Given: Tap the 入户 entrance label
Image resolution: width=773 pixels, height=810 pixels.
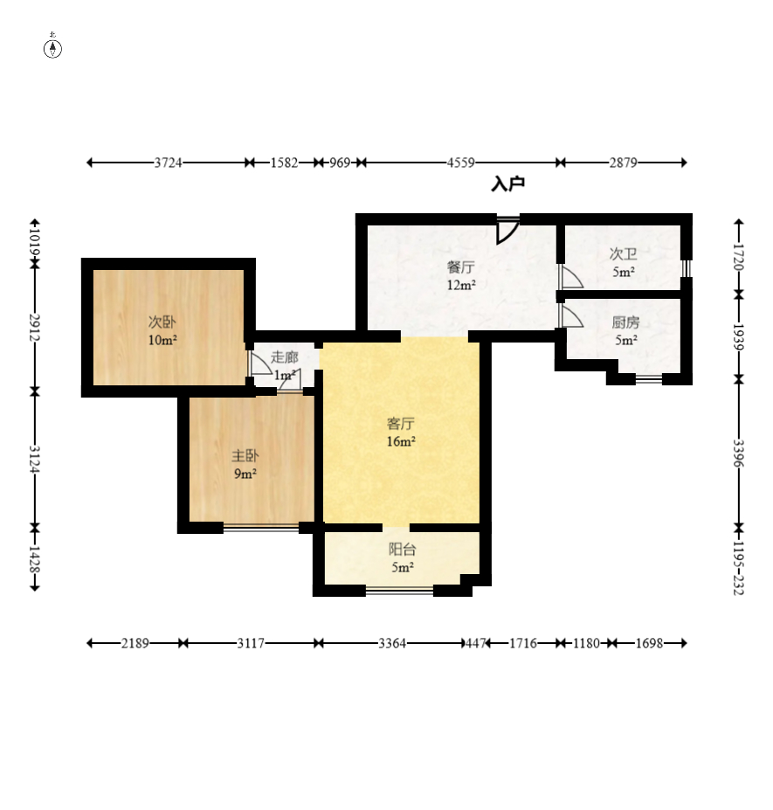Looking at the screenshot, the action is [x=508, y=183].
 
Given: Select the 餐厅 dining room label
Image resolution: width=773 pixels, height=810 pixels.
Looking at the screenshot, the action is [x=460, y=267].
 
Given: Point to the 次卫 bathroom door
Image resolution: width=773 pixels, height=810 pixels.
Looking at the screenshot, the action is [x=570, y=276].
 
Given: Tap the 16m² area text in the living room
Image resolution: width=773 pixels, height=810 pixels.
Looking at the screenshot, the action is [x=401, y=441].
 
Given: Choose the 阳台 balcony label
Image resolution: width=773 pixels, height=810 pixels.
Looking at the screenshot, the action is [x=402, y=549].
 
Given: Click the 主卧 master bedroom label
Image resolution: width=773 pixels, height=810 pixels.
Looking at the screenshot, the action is [x=245, y=455].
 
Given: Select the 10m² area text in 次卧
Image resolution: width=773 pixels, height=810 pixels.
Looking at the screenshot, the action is [x=162, y=340].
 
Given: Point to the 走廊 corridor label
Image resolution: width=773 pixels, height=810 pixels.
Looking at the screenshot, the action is [x=285, y=357].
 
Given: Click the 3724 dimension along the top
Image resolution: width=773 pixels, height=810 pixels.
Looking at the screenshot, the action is [x=169, y=163].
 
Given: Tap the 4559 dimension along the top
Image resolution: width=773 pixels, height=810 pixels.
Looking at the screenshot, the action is [x=460, y=163].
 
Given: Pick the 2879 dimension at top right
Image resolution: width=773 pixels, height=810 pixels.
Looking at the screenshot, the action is [x=624, y=163].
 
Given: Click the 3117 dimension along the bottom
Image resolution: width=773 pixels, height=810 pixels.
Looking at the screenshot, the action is [x=251, y=643].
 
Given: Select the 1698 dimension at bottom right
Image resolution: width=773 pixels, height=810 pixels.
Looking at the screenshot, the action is [x=649, y=643].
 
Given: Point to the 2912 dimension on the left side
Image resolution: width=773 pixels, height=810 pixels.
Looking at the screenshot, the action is [x=35, y=328].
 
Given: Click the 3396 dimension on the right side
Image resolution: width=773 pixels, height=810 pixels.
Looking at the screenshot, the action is [x=739, y=453].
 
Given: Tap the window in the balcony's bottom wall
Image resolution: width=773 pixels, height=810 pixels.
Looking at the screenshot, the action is [x=400, y=589].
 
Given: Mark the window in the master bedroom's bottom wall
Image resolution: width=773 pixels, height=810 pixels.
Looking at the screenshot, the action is [x=261, y=528].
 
